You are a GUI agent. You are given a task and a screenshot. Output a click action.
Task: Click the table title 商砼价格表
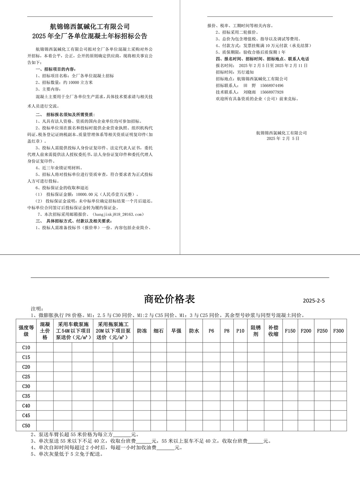169,299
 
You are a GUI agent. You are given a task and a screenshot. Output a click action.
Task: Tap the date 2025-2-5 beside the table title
314,301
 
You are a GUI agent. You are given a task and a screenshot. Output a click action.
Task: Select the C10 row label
26,348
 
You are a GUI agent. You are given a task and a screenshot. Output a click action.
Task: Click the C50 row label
26,425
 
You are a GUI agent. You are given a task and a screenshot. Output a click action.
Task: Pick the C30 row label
26,386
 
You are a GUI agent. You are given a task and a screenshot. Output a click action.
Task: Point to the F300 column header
338,331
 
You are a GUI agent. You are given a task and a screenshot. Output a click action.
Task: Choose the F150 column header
290,331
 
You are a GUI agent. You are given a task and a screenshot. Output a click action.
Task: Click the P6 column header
211,331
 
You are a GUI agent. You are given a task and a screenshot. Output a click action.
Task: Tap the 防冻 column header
142,331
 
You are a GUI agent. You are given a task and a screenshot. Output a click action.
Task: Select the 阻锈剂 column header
256,331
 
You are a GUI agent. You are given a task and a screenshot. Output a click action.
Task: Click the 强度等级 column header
26,331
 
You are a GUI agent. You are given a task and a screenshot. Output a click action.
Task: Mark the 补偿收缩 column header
273,331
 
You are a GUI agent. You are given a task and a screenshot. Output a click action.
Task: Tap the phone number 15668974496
272,85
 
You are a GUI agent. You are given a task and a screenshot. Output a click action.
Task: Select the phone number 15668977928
272,92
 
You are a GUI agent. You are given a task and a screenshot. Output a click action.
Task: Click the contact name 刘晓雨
249,92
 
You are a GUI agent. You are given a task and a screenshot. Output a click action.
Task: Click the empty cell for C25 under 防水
194,377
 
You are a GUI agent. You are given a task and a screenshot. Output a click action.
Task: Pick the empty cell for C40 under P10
240,406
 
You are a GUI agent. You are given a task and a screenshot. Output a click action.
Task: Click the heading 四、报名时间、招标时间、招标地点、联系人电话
262,59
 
